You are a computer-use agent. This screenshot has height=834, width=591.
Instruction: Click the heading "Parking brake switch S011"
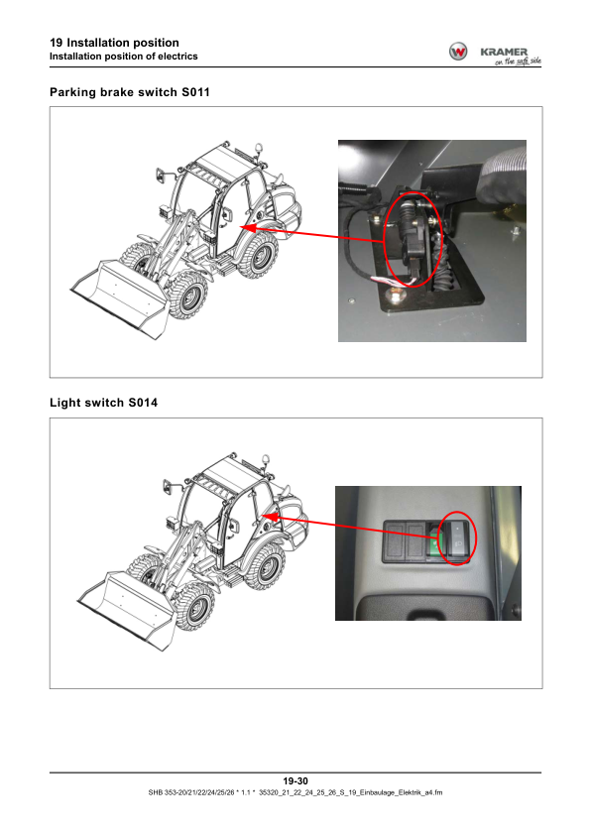tap(130, 92)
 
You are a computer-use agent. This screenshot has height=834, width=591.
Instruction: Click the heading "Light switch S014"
tap(104, 403)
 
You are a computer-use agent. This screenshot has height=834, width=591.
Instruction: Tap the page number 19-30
tap(295, 780)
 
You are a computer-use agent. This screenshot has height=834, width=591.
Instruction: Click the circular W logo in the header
tap(458, 52)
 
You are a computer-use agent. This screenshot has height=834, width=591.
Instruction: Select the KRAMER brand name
tap(504, 52)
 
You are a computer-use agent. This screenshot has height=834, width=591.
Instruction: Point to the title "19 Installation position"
tap(114, 43)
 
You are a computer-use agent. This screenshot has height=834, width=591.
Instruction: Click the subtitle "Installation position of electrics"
tap(123, 57)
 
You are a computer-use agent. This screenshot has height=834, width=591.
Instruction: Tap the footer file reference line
tap(295, 792)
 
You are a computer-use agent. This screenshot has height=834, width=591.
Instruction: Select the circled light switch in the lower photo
tap(458, 538)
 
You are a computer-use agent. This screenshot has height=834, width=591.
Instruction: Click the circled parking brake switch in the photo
tap(412, 240)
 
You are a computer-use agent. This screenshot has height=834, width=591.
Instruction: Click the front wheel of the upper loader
tap(186, 296)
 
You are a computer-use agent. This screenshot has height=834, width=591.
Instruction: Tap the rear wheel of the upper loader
tap(258, 256)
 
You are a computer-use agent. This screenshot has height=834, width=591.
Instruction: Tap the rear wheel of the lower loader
tap(265, 567)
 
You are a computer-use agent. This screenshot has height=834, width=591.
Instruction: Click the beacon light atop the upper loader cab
tap(259, 147)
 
